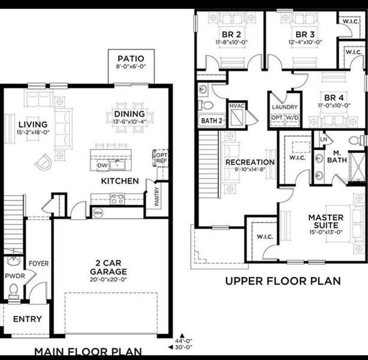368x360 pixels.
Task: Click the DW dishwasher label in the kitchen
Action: pos(102,165)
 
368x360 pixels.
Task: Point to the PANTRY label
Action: pos(157,196)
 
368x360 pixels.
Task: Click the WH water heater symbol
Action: pos(98,212)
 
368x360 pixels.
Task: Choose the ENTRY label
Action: pos(27,319)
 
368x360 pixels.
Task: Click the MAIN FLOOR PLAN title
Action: pos(88,352)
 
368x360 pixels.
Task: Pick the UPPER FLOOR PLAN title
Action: pos(282,280)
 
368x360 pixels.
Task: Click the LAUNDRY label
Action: pos(284,107)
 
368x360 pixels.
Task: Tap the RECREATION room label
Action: pos(250,162)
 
